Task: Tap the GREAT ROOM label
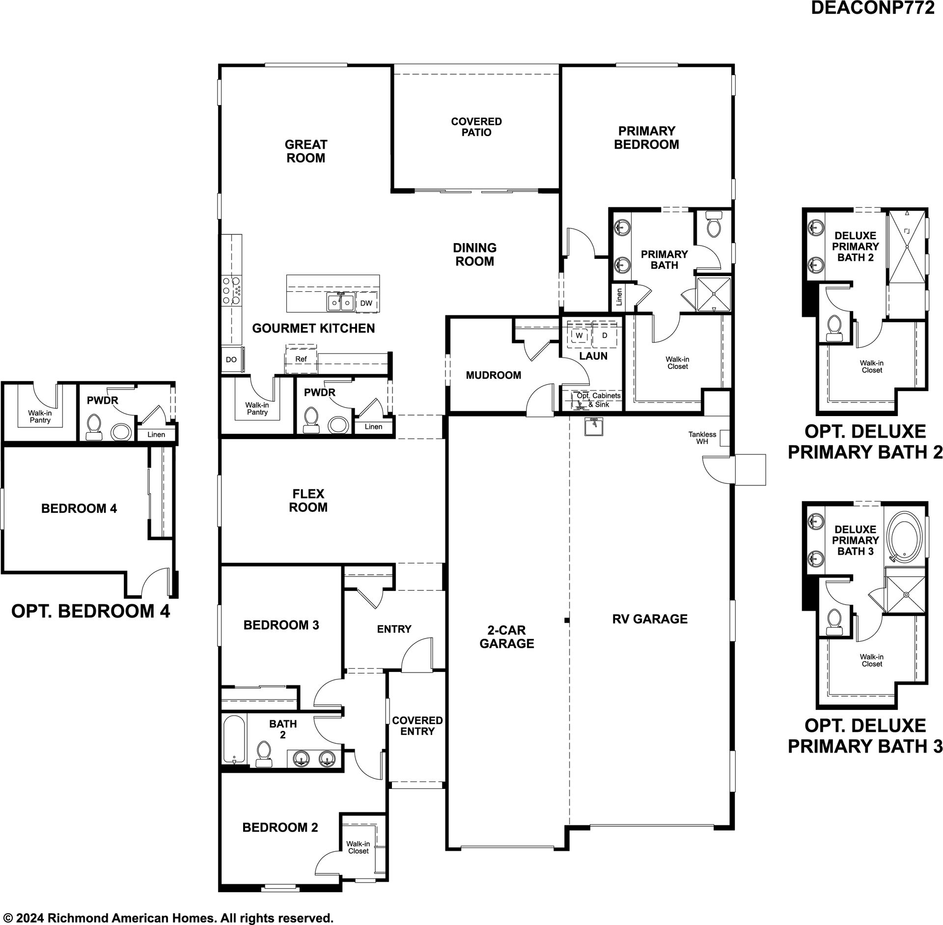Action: (x=305, y=151)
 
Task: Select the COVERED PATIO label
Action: (x=476, y=127)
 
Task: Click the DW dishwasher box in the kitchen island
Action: (x=366, y=303)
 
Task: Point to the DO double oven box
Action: (x=231, y=360)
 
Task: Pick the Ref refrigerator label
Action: (x=301, y=359)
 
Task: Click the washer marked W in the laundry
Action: (x=580, y=335)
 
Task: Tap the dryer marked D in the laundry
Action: (x=605, y=335)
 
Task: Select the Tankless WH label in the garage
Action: (x=702, y=438)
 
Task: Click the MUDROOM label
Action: (x=494, y=375)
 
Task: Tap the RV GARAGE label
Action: (x=650, y=619)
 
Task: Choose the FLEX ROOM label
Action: (x=308, y=501)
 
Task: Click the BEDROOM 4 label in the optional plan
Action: (x=79, y=508)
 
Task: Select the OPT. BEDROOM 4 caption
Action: (x=90, y=611)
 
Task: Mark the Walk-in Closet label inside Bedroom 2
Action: (x=358, y=847)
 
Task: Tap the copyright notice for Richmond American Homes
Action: (x=168, y=917)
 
